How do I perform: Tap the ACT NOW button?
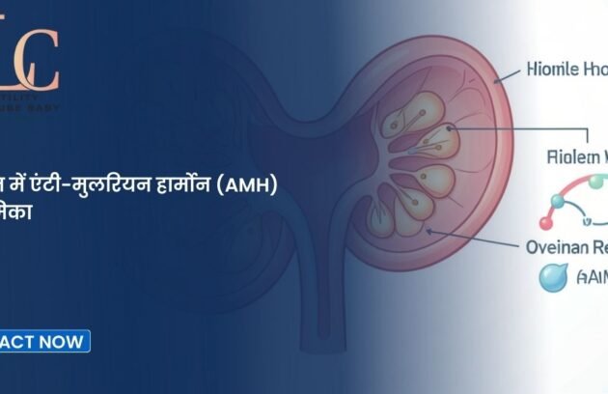click(x=44, y=340)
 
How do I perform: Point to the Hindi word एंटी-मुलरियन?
click(x=93, y=184)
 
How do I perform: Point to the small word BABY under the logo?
click(x=46, y=108)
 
